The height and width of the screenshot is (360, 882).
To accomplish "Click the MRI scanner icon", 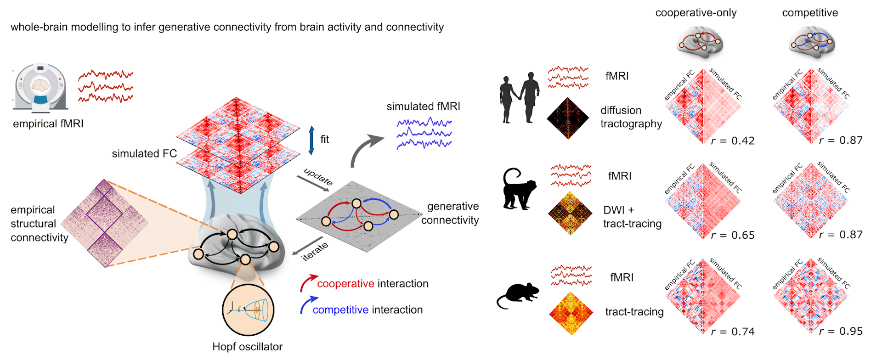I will tap(40, 88).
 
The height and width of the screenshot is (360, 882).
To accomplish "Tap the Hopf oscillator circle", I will tap(248, 310).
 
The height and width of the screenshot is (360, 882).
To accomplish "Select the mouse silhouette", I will tap(518, 295).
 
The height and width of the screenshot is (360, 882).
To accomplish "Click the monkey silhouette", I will tap(519, 189).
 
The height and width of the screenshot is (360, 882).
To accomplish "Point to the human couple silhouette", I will tap(519, 97).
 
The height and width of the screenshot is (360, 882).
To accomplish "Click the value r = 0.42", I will tap(733, 141).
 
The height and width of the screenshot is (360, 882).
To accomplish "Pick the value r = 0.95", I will tap(841, 332).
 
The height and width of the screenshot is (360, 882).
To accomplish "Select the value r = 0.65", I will tap(733, 236).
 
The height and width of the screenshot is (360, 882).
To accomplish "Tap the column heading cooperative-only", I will tap(695, 13).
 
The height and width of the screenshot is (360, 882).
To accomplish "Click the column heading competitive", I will tap(810, 13).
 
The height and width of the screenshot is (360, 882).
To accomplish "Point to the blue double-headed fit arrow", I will tap(311, 140).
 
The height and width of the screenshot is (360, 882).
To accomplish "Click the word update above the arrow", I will tap(318, 177).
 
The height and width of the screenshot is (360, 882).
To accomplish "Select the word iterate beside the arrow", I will tap(315, 252).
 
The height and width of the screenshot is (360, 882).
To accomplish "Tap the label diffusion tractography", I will tap(631, 117).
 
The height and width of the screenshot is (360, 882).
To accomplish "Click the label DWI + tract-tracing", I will tap(632, 217).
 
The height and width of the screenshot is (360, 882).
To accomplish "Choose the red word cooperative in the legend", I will tap(345, 284).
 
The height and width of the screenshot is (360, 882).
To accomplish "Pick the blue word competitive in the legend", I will tap(340, 310).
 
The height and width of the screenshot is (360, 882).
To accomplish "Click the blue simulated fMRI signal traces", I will tap(424, 133).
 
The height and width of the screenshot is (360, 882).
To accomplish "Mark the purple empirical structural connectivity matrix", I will tap(105, 223).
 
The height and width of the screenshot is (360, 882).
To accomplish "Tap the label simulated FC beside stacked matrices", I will tap(144, 153).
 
